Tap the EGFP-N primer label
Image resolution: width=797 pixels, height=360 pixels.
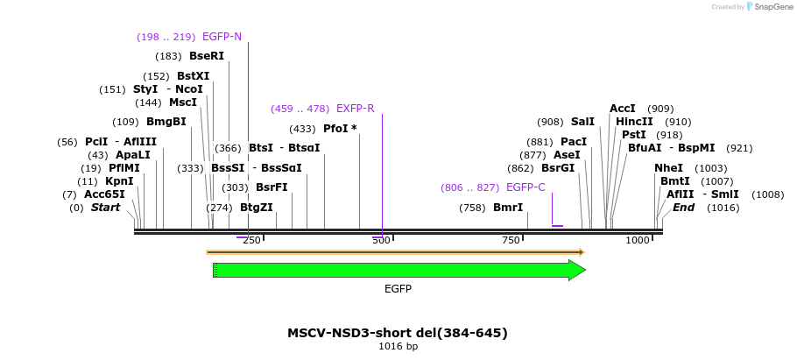click(222, 37)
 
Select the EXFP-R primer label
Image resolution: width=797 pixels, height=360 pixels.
click(355, 109)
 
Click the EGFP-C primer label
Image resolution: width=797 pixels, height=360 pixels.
click(525, 187)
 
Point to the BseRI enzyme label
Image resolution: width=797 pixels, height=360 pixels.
click(207, 56)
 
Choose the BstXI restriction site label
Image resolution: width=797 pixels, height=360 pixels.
click(194, 76)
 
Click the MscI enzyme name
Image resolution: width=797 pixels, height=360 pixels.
click(183, 102)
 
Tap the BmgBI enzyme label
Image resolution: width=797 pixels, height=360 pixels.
click(166, 122)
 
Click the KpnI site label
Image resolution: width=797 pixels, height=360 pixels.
click(119, 181)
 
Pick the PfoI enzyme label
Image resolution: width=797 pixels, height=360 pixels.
click(337, 129)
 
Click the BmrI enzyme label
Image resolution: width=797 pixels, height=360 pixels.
click(508, 208)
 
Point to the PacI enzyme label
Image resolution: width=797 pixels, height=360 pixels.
click(574, 142)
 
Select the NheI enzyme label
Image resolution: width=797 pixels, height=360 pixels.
click(668, 168)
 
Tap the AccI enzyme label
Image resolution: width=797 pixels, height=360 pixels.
click(623, 109)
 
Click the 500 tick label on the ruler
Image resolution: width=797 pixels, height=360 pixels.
click(381, 241)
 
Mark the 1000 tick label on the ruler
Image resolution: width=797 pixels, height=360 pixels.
click(638, 241)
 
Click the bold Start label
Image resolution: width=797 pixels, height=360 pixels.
click(105, 208)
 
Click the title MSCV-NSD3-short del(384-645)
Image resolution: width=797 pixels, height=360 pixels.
click(398, 333)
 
